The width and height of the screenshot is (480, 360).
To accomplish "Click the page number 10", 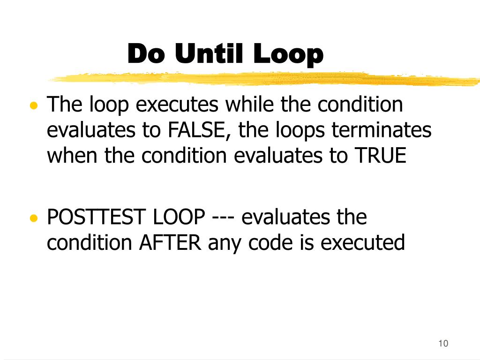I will coord(443,344).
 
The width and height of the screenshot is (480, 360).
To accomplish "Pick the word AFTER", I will coord(170,242).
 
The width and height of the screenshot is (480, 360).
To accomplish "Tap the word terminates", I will coord(382,130).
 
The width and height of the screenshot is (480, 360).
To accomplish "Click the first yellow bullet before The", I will coord(33,105).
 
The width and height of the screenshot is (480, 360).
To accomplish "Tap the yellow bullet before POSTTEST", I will coord(33,218).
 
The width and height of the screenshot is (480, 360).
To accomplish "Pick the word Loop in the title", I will coord(289,55).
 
